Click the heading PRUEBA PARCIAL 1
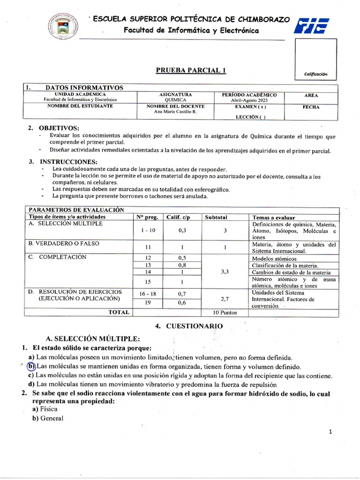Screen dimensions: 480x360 coord(191,70)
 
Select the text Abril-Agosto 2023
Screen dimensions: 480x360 coord(250,100)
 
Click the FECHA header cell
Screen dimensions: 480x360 coord(311,107)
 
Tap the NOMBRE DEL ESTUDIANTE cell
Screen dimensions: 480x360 coord(80,106)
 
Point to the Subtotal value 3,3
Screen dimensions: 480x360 coord(225,271)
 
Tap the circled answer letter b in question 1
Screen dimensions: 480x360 coord(31,366)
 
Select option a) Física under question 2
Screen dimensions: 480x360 coord(45,409)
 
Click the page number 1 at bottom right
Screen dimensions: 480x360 coord(330,432)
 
